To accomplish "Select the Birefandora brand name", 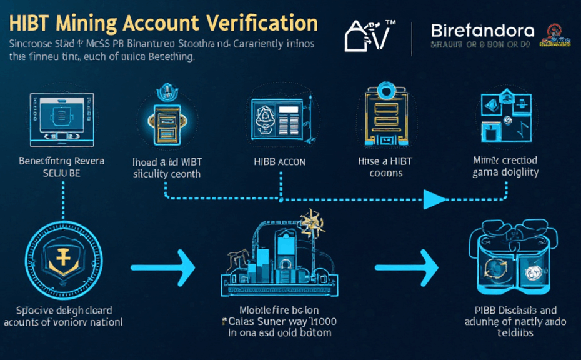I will (x=482, y=31).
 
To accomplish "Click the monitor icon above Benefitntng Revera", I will (x=61, y=117).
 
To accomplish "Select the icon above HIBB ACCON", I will (x=277, y=117).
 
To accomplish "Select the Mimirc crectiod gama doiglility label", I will (x=507, y=167).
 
